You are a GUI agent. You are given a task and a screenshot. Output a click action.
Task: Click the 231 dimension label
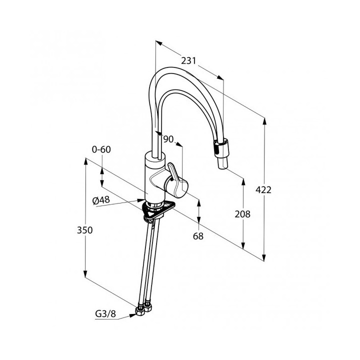188,61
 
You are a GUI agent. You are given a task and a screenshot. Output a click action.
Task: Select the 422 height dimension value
263,190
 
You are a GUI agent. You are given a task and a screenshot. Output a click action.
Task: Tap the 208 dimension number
242,214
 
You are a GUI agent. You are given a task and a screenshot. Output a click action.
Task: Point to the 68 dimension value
198,236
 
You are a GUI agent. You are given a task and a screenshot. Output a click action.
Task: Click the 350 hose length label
84,230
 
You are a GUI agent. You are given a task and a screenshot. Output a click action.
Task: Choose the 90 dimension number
168,139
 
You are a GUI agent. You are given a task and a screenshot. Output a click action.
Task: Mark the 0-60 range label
101,149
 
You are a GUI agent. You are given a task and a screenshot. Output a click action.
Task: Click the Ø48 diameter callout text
101,200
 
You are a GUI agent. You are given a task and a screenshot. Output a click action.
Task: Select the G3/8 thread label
105,314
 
